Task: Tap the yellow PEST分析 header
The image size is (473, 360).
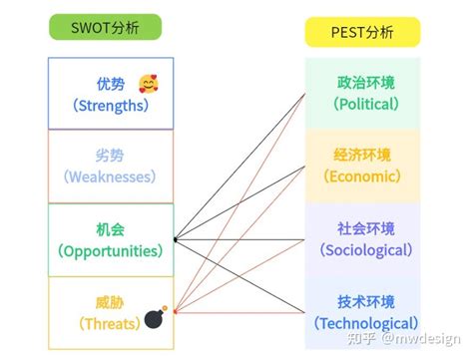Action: pyautogui.click(x=362, y=32)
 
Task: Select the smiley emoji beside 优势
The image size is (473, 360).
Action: pyautogui.click(x=148, y=84)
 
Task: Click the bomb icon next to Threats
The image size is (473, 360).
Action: pyautogui.click(x=155, y=319)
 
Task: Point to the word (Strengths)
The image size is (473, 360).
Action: pyautogui.click(x=111, y=105)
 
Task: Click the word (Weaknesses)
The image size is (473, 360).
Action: pyautogui.click(x=111, y=177)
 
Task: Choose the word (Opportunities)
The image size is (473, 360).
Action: pyautogui.click(x=111, y=250)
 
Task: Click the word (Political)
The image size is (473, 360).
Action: pyautogui.click(x=364, y=104)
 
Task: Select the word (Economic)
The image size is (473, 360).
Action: pyautogui.click(x=364, y=177)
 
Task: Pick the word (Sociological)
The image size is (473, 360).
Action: pyautogui.click(x=364, y=250)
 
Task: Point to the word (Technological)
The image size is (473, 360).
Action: pyautogui.click(x=364, y=323)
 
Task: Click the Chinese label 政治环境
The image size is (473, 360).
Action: pyautogui.click(x=364, y=82)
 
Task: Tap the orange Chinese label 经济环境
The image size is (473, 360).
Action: pyautogui.click(x=364, y=156)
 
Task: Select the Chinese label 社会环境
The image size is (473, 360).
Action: pyautogui.click(x=364, y=228)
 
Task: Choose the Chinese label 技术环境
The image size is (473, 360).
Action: pyautogui.click(x=364, y=302)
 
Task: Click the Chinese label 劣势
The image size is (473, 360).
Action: pyautogui.click(x=111, y=157)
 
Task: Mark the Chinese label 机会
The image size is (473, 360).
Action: pyautogui.click(x=111, y=229)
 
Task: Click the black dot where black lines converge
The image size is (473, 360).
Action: pyautogui.click(x=175, y=239)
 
